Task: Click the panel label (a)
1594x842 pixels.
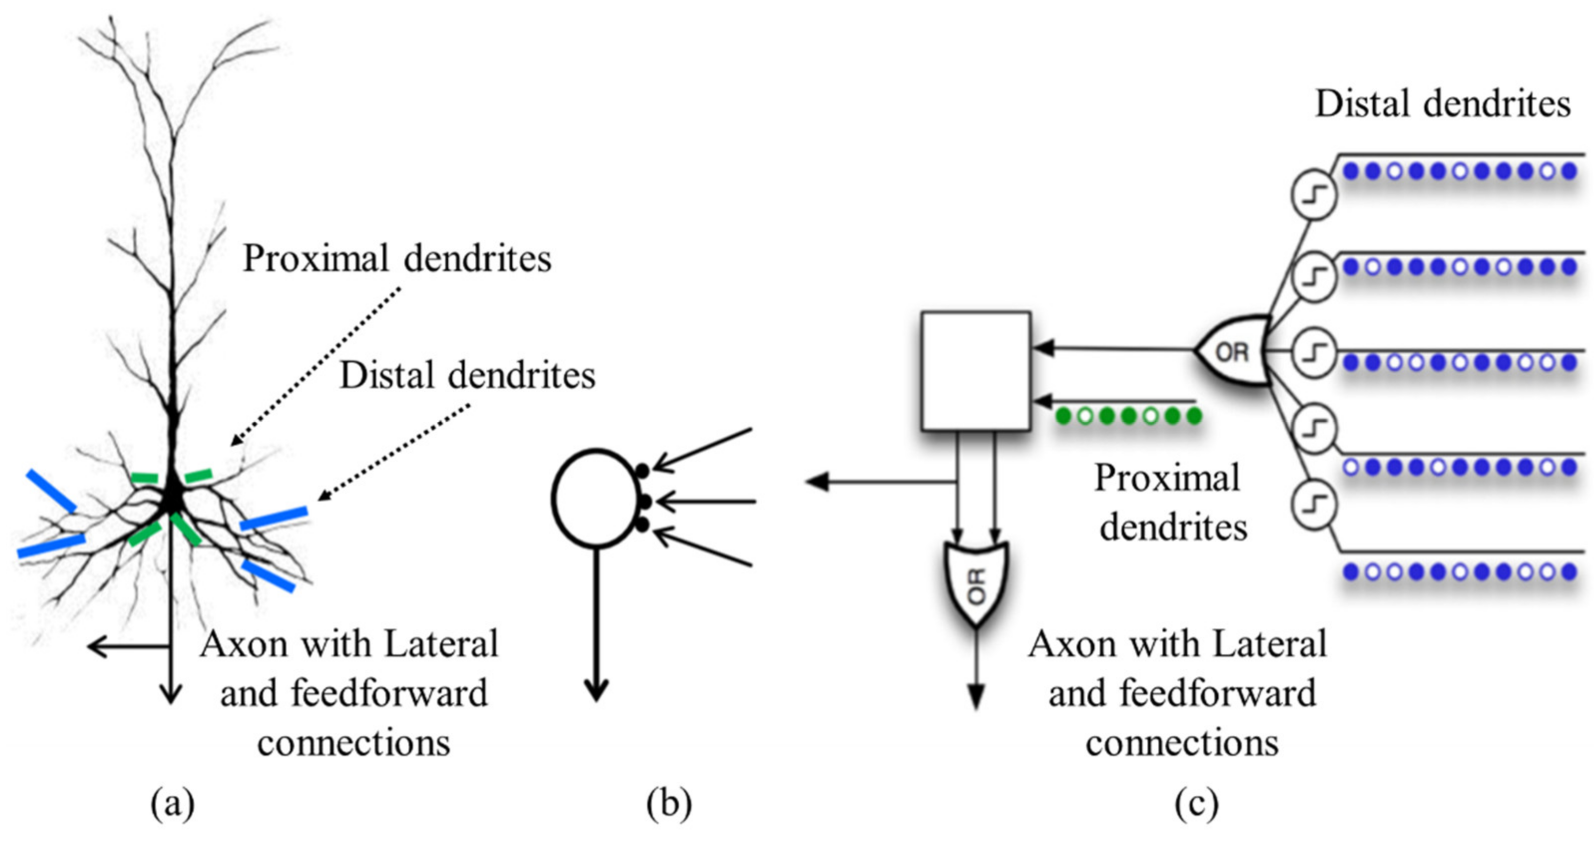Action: [173, 803]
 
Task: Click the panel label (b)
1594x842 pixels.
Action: [669, 803]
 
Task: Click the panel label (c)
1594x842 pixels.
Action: [1196, 803]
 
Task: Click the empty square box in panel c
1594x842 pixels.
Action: [975, 370]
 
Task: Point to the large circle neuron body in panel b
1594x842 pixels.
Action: [595, 499]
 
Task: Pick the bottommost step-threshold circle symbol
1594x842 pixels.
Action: [1313, 505]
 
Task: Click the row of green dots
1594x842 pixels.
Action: [1129, 416]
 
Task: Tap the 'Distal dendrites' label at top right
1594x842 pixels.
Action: [1442, 103]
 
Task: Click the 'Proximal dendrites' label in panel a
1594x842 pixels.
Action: [397, 258]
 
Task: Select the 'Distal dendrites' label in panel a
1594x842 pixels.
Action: [467, 375]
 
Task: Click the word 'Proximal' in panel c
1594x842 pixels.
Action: [1167, 478]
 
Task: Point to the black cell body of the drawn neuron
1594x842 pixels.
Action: [173, 495]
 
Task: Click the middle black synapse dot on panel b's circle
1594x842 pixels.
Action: [644, 501]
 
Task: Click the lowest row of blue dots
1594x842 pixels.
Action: [1459, 571]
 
